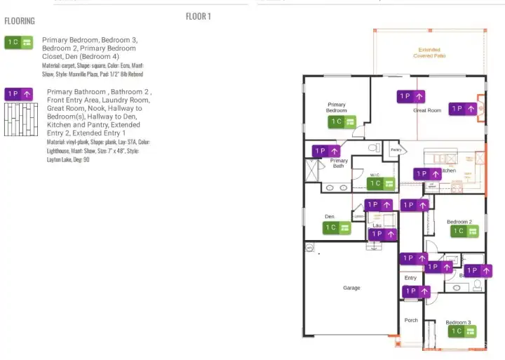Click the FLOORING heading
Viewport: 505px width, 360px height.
click(20, 21)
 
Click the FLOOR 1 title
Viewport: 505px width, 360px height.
click(198, 16)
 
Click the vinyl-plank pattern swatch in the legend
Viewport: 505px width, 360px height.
click(20, 120)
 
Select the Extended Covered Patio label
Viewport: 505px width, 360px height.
click(429, 53)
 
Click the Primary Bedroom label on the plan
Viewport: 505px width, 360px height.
click(337, 107)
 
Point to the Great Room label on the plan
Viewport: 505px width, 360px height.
click(427, 110)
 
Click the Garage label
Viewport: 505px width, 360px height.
click(351, 288)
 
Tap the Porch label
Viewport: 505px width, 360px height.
click(411, 320)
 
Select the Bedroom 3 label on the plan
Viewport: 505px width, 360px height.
click(459, 322)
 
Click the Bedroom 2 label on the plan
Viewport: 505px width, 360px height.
click(459, 222)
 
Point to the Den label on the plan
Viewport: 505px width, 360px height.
click(329, 216)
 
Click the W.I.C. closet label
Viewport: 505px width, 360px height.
click(375, 175)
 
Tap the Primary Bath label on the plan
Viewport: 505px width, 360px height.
click(339, 164)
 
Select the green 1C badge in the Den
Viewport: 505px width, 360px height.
click(337, 227)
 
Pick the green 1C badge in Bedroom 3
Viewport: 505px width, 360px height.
click(462, 331)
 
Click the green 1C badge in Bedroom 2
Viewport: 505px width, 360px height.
click(464, 231)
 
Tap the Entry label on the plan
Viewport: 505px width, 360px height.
click(410, 278)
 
